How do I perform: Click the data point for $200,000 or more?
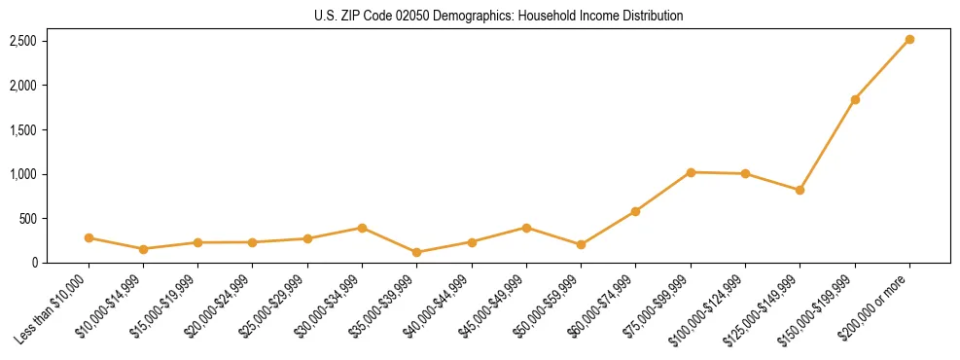tap(909, 40)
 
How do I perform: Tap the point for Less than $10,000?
tap(89, 237)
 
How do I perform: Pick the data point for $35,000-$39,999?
tap(417, 252)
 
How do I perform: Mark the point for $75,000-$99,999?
tap(691, 172)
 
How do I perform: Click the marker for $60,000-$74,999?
tap(636, 211)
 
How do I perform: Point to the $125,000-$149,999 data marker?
tap(800, 190)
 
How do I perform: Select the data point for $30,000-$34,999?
tap(362, 228)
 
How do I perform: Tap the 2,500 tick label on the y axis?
tap(23, 41)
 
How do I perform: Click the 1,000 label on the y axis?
tap(23, 174)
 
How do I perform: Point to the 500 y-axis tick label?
tap(27, 219)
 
